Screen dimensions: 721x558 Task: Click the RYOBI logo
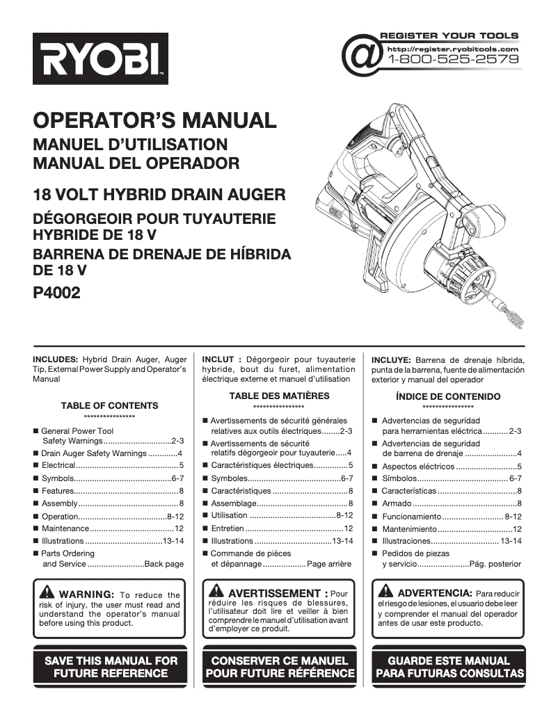coord(100,59)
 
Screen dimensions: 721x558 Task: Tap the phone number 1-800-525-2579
coord(453,60)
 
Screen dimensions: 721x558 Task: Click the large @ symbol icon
coord(362,56)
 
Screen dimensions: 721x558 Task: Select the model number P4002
coord(57,293)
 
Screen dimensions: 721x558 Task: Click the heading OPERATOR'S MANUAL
coord(154,120)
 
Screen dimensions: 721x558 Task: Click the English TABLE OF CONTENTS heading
coord(109,406)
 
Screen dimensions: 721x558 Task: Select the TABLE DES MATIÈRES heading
coord(279,396)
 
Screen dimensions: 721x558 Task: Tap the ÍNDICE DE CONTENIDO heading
coord(447,397)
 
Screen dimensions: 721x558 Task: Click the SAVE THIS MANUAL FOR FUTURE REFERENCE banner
coord(111,667)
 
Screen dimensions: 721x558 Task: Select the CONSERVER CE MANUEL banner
coord(279,667)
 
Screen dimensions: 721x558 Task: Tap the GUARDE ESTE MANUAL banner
coord(448,667)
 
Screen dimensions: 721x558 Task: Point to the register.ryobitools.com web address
coord(452,49)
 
